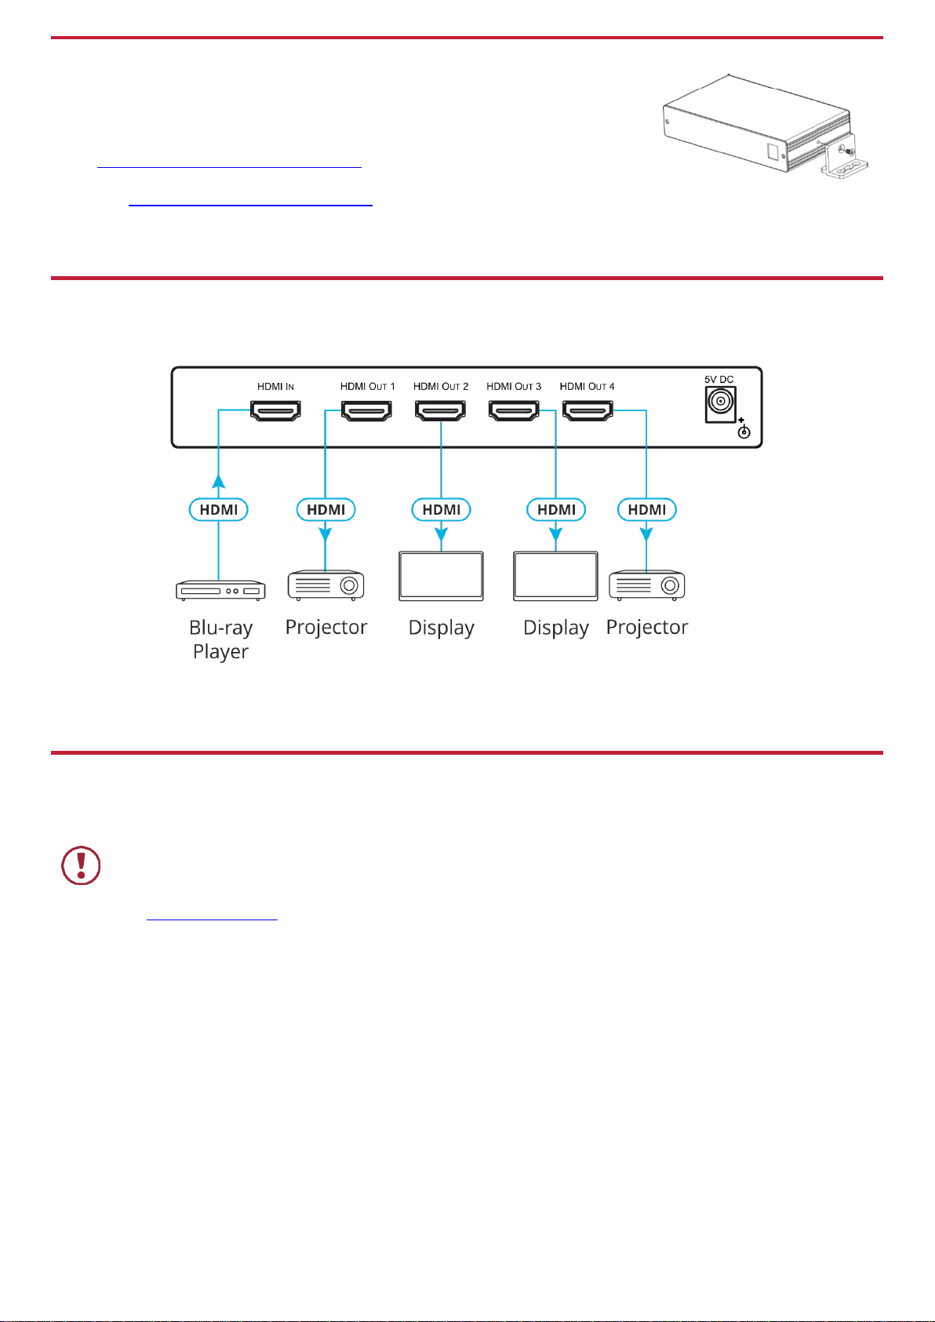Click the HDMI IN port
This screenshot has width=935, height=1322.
pos(275,410)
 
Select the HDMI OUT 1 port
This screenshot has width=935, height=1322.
pos(367,410)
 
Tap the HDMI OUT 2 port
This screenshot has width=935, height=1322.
pos(441,410)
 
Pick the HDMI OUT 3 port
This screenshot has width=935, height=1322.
pos(514,410)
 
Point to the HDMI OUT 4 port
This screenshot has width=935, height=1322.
pos(588,410)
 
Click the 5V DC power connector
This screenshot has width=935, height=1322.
pos(720,404)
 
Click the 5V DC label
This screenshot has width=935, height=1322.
pos(719,380)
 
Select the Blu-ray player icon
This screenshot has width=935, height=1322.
pos(220,590)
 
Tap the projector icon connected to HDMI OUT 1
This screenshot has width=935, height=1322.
pos(326,585)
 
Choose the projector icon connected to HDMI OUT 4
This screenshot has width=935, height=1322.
pos(646,585)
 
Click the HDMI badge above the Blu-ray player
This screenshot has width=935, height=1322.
pos(218,509)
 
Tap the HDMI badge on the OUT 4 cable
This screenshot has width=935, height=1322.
pos(646,509)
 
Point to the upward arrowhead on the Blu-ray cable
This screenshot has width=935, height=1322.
pos(219,481)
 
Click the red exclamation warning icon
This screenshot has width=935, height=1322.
pos(81,865)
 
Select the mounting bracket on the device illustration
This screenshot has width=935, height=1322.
pos(845,155)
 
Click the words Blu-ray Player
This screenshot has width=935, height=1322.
pos(220,639)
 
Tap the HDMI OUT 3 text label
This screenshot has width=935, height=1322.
pos(514,387)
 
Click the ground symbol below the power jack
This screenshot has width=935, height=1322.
pos(744,431)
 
